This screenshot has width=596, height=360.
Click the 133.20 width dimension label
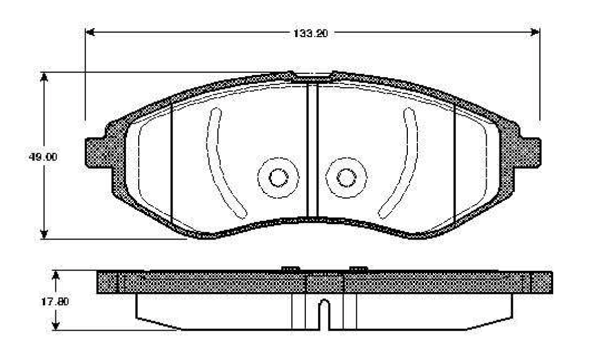[x=310, y=33]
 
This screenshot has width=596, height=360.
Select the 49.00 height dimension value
[x=43, y=156]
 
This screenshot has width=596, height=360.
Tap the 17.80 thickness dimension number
[x=55, y=302]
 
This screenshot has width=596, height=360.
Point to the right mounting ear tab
[x=529, y=153]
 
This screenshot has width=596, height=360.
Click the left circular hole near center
[x=279, y=178]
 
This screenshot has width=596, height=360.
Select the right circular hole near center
[x=346, y=178]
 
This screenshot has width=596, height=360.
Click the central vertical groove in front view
[x=312, y=150]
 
